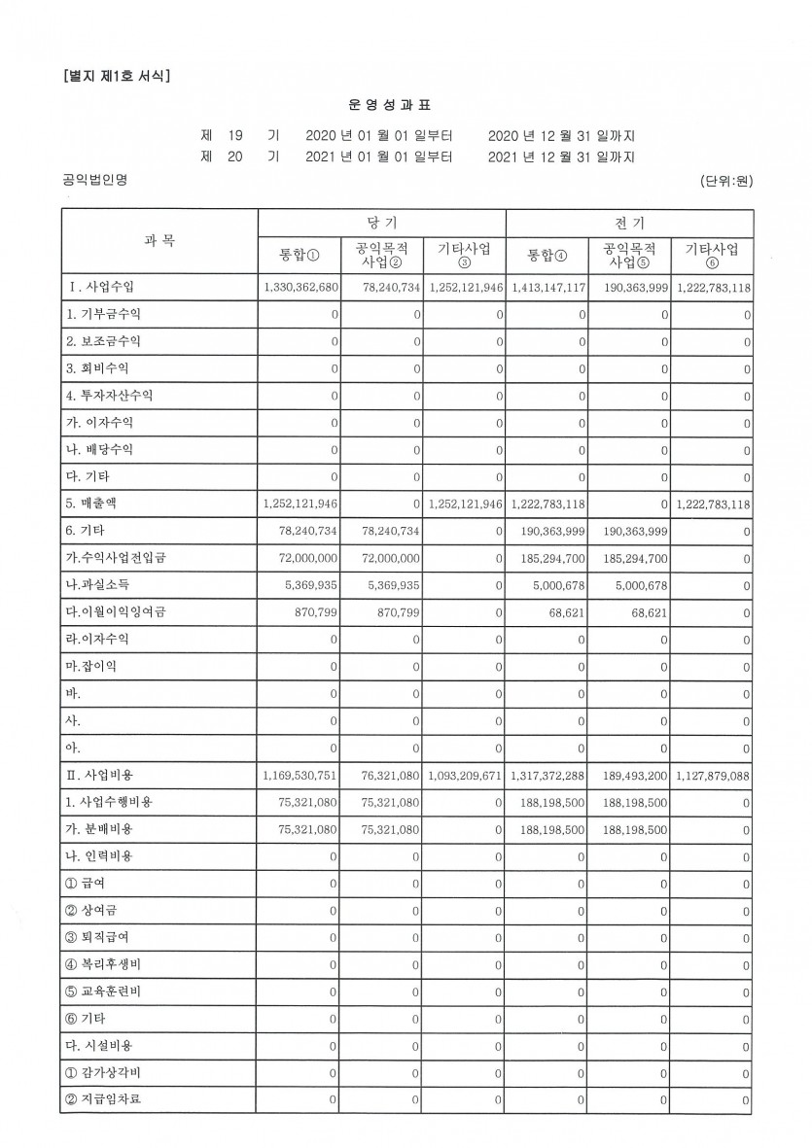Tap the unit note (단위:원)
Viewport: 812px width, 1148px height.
[725, 181]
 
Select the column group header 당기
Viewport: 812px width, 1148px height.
[381, 223]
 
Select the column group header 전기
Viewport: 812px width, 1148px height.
[630, 223]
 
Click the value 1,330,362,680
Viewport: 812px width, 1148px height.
[300, 288]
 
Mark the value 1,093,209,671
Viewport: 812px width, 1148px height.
[464, 775]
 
